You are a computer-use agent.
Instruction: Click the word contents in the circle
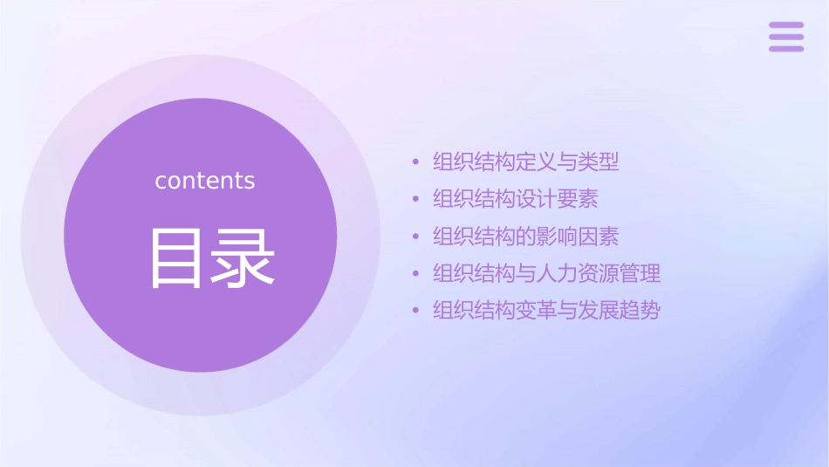click(x=205, y=181)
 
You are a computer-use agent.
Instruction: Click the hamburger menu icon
click(x=785, y=37)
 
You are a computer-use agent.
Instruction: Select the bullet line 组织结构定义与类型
click(x=526, y=161)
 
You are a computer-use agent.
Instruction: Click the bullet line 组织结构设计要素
click(x=516, y=199)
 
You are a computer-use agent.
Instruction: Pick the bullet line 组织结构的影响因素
click(x=526, y=236)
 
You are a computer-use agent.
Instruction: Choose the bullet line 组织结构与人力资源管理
click(x=547, y=273)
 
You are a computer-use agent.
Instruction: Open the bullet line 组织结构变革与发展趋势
click(x=547, y=310)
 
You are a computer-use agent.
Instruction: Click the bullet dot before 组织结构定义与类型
click(x=416, y=162)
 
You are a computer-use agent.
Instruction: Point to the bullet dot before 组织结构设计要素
click(x=416, y=199)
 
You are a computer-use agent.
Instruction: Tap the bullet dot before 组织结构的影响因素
click(x=416, y=237)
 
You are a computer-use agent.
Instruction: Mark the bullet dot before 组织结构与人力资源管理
click(x=416, y=273)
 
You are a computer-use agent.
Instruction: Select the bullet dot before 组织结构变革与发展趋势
click(x=416, y=311)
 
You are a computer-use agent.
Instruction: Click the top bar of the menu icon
click(x=785, y=25)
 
